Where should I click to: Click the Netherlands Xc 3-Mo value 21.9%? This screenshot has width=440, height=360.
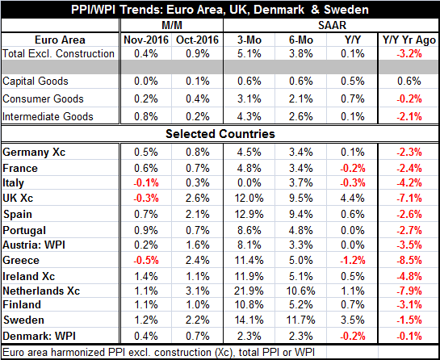coord(249,291)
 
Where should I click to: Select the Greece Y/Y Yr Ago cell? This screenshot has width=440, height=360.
coord(409,260)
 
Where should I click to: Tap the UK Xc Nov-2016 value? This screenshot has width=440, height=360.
coord(146,198)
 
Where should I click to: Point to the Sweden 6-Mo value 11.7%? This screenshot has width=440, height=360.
coord(301,320)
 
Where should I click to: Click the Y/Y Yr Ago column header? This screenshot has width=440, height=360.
coord(409,40)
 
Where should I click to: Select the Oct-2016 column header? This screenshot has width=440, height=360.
coord(197,40)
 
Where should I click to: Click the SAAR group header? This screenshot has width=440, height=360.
coord(332,26)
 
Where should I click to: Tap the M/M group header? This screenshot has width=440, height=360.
coord(172,26)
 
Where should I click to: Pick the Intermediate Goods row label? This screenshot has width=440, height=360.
coord(48,116)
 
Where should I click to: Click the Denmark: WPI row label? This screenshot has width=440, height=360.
coord(39,336)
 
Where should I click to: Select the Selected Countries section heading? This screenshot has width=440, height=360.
coord(220,134)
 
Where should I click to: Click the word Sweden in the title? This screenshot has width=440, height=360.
coord(346,10)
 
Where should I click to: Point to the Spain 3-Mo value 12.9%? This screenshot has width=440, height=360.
coord(249,215)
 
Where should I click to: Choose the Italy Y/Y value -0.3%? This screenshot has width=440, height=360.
coord(353,183)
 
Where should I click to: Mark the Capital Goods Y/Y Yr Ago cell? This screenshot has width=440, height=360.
coord(409,81)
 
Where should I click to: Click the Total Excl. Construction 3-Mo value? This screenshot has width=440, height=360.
coord(249,53)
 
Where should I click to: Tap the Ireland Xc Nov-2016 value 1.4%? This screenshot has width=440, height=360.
coord(146,276)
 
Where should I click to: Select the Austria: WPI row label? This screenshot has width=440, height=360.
coord(34,245)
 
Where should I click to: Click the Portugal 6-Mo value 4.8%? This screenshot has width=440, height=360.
coord(301,230)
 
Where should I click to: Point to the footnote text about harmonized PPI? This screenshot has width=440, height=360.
coord(158,352)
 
